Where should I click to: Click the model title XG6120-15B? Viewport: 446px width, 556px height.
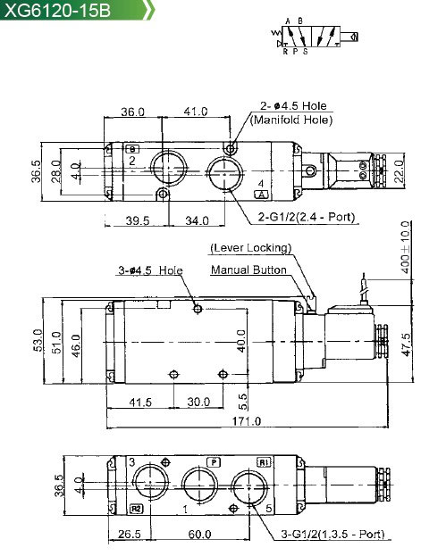click(x=57, y=10)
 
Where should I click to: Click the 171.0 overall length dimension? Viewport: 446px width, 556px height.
click(x=247, y=421)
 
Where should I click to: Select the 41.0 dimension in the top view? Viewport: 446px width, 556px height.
click(x=196, y=112)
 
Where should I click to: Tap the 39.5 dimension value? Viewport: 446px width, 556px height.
click(x=138, y=220)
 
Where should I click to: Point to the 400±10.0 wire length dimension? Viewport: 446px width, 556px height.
click(x=405, y=247)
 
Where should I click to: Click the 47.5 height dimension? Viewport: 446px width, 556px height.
click(x=407, y=344)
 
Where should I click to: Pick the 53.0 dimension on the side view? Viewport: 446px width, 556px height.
click(x=38, y=340)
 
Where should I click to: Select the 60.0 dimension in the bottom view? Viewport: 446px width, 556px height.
click(x=199, y=534)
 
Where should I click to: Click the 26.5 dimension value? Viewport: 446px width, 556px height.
click(x=130, y=534)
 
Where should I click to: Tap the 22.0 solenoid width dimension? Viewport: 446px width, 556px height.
click(x=400, y=171)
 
